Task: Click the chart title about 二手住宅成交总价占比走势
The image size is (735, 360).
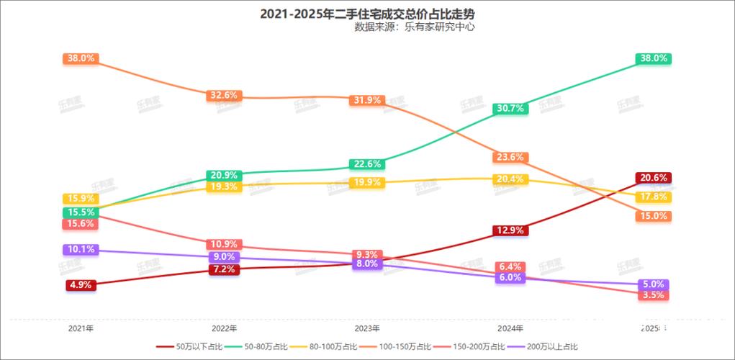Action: coord(367,14)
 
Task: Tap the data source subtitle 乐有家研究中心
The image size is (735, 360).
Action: coord(415,27)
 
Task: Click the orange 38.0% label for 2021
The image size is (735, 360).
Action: coord(81,58)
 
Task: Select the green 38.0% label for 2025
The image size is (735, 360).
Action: coord(654,58)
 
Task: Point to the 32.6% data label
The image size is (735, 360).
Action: coord(223,95)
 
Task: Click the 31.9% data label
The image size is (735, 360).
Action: coord(367,100)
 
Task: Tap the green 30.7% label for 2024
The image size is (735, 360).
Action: coord(510,108)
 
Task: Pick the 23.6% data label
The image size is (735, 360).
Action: coord(510,157)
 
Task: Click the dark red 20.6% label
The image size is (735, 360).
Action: coord(654,177)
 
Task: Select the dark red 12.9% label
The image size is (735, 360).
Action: coord(510,230)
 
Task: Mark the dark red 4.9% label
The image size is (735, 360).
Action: coord(81,284)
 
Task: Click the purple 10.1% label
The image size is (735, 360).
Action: coord(81,250)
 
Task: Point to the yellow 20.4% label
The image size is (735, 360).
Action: coord(510,179)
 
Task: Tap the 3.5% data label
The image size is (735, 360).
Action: coord(654,295)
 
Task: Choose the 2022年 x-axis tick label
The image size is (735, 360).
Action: coord(225,328)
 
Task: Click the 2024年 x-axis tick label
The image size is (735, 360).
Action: coord(510,328)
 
